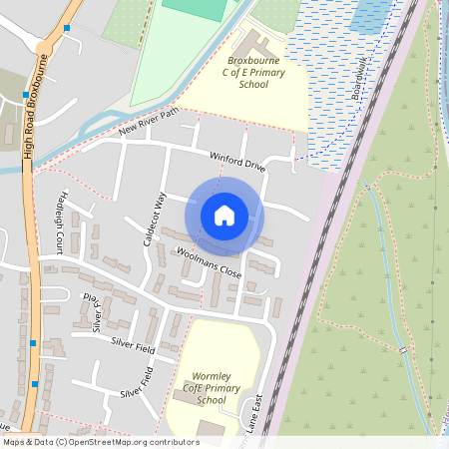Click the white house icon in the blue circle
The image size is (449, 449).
tap(224, 216)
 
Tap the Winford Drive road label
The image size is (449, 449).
tap(236, 161)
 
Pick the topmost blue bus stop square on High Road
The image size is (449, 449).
tap(67, 28)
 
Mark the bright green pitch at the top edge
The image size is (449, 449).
tap(195, 9)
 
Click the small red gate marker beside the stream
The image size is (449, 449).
tap(403, 349)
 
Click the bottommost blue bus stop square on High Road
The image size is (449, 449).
tap(34, 383)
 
